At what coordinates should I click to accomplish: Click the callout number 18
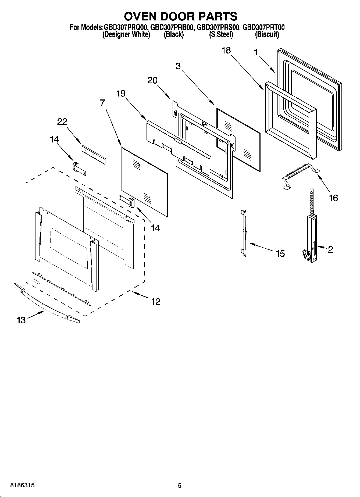click(226, 50)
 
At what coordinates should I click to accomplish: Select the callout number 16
click(333, 198)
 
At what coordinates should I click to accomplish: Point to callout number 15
click(280, 253)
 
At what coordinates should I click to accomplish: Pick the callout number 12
click(156, 302)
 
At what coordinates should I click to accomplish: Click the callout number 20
click(152, 80)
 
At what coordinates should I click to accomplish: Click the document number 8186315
click(22, 485)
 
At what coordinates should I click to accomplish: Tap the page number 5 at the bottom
click(180, 485)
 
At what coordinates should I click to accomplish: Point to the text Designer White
click(126, 35)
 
